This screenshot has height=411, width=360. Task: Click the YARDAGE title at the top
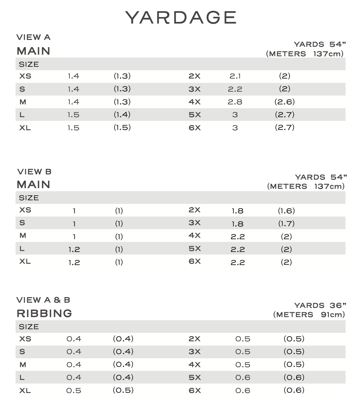pos(181,17)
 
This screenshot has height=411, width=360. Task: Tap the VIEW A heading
pos(33,37)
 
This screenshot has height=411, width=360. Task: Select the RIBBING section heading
pos(45,313)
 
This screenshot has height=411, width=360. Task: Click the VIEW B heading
pos(34,172)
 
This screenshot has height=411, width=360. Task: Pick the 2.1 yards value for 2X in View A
pos(235,76)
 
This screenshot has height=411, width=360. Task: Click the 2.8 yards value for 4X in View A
pos(235,102)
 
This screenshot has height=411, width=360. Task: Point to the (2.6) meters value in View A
pos(284,102)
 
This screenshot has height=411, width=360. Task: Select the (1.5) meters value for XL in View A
pos(122,128)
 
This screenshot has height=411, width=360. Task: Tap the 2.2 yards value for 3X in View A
pos(235,89)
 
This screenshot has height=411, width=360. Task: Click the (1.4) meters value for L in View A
pos(122,115)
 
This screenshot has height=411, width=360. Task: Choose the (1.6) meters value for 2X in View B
pos(286,211)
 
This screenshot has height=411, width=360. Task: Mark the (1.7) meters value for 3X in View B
pos(286,224)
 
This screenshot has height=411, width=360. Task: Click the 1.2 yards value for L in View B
pos(74,250)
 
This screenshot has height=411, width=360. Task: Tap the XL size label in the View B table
pos(25,262)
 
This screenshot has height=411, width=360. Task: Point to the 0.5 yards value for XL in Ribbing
pos(74,391)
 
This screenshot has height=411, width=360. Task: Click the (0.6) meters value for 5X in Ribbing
pos(294,378)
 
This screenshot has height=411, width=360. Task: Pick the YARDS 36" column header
pos(320,305)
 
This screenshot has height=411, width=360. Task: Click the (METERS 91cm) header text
pos(309,315)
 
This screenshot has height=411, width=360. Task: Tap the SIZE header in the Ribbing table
pos(29,327)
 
